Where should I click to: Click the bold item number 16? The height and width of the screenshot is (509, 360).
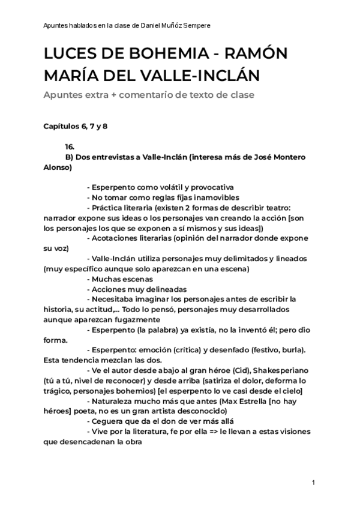point(70,147)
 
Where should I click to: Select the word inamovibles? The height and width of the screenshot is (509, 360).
point(214,197)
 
